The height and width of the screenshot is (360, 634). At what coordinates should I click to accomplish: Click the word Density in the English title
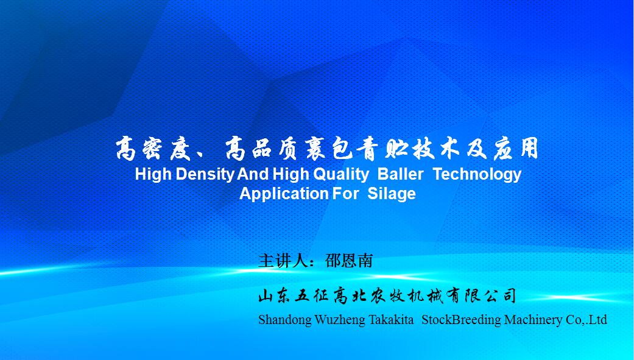pyautogui.click(x=205, y=175)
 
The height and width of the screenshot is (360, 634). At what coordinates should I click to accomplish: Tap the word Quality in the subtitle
pyautogui.click(x=341, y=175)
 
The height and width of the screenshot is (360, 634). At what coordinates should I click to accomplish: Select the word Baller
pyautogui.click(x=400, y=174)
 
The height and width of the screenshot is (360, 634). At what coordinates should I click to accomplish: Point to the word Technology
pyautogui.click(x=477, y=175)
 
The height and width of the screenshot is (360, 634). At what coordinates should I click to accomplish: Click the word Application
pyautogui.click(x=284, y=194)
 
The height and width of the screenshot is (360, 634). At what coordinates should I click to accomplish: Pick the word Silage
pyautogui.click(x=392, y=194)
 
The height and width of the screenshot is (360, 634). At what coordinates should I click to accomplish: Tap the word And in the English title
pyautogui.click(x=253, y=174)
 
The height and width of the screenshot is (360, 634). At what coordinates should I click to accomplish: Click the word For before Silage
pyautogui.click(x=345, y=193)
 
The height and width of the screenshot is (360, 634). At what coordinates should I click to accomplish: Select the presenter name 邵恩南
pyautogui.click(x=349, y=261)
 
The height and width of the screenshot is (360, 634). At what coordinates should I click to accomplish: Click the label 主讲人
pyautogui.click(x=283, y=261)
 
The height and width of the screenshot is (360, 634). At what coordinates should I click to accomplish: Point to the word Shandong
pyautogui.click(x=285, y=320)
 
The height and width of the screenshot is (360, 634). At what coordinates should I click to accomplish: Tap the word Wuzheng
pyautogui.click(x=340, y=320)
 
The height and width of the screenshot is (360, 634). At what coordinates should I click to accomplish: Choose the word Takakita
pyautogui.click(x=391, y=320)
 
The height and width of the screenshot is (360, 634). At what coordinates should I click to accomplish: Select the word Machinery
pyautogui.click(x=534, y=320)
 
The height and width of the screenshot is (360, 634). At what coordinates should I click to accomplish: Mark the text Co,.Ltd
pyautogui.click(x=586, y=320)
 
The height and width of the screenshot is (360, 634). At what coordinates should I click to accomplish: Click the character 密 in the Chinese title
pyautogui.click(x=152, y=149)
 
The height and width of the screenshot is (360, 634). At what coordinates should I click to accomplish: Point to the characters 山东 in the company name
pyautogui.click(x=273, y=295)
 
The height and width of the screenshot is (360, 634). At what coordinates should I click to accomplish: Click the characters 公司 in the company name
pyautogui.click(x=501, y=295)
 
